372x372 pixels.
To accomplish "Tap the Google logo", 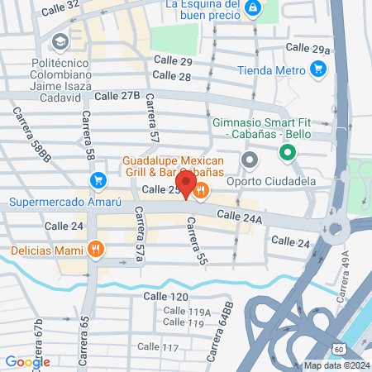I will (27, 361).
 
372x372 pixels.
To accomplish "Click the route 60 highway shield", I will (341, 350).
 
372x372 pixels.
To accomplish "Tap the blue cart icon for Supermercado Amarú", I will (98, 179).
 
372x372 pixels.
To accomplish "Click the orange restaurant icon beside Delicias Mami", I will (97, 249).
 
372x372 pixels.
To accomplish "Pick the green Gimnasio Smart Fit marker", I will (287, 152).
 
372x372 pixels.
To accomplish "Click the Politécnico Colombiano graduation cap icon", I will (60, 41).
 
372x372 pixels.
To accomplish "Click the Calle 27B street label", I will (117, 96).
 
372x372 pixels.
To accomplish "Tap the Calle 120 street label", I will (166, 296).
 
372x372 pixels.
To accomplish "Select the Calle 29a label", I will (308, 50).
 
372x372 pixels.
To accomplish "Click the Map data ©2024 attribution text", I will (335, 365).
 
